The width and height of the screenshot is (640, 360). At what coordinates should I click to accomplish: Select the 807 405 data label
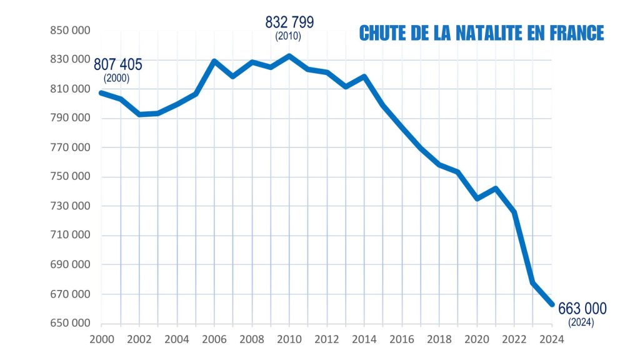click(118, 65)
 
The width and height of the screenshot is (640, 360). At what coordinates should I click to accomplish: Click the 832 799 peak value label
click(289, 22)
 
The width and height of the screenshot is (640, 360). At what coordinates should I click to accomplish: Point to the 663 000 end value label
click(582, 309)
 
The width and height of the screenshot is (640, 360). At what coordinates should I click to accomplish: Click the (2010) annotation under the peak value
click(288, 37)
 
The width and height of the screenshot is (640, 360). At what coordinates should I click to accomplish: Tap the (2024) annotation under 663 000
click(581, 322)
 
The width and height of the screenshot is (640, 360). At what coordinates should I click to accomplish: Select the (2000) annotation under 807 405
click(117, 79)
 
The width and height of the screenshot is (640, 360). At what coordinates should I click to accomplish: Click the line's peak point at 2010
click(289, 56)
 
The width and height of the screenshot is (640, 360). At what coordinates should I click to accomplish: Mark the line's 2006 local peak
click(214, 61)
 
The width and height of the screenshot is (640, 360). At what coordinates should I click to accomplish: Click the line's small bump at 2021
click(496, 188)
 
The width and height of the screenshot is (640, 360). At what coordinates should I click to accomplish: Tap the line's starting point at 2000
click(101, 92)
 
